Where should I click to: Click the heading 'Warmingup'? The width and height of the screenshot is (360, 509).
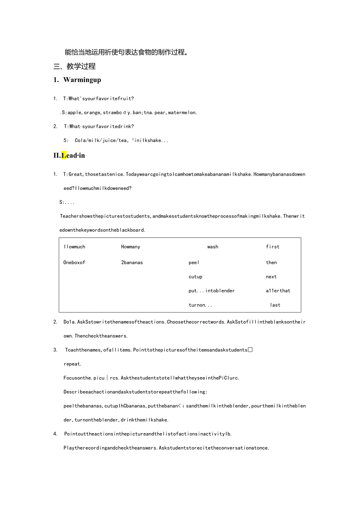click(x=82, y=80)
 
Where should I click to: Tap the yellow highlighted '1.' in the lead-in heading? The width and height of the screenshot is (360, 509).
click(x=63, y=155)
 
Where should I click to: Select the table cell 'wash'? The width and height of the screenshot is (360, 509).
click(x=213, y=247)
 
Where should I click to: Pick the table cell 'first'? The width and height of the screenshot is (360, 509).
click(x=272, y=247)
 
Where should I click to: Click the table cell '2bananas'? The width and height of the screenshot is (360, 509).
click(x=132, y=263)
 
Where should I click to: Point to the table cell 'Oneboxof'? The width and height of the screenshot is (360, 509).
click(x=74, y=263)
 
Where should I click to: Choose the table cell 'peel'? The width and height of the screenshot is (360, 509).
click(x=194, y=263)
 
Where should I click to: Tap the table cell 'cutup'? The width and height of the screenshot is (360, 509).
click(x=195, y=277)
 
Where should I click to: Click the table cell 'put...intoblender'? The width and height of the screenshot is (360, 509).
click(x=211, y=291)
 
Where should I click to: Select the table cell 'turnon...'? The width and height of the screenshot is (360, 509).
click(x=200, y=305)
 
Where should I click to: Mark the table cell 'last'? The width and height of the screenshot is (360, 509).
click(x=275, y=305)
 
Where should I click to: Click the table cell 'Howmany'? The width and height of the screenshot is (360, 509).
click(x=130, y=247)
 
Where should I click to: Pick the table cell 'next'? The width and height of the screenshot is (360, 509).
click(x=271, y=277)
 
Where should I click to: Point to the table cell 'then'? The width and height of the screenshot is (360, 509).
click(x=271, y=263)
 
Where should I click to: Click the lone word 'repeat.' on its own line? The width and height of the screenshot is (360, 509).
click(x=72, y=364)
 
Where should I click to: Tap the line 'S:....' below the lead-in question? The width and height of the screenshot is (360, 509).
click(x=67, y=202)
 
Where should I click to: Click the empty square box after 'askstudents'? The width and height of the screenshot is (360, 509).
click(x=250, y=350)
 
